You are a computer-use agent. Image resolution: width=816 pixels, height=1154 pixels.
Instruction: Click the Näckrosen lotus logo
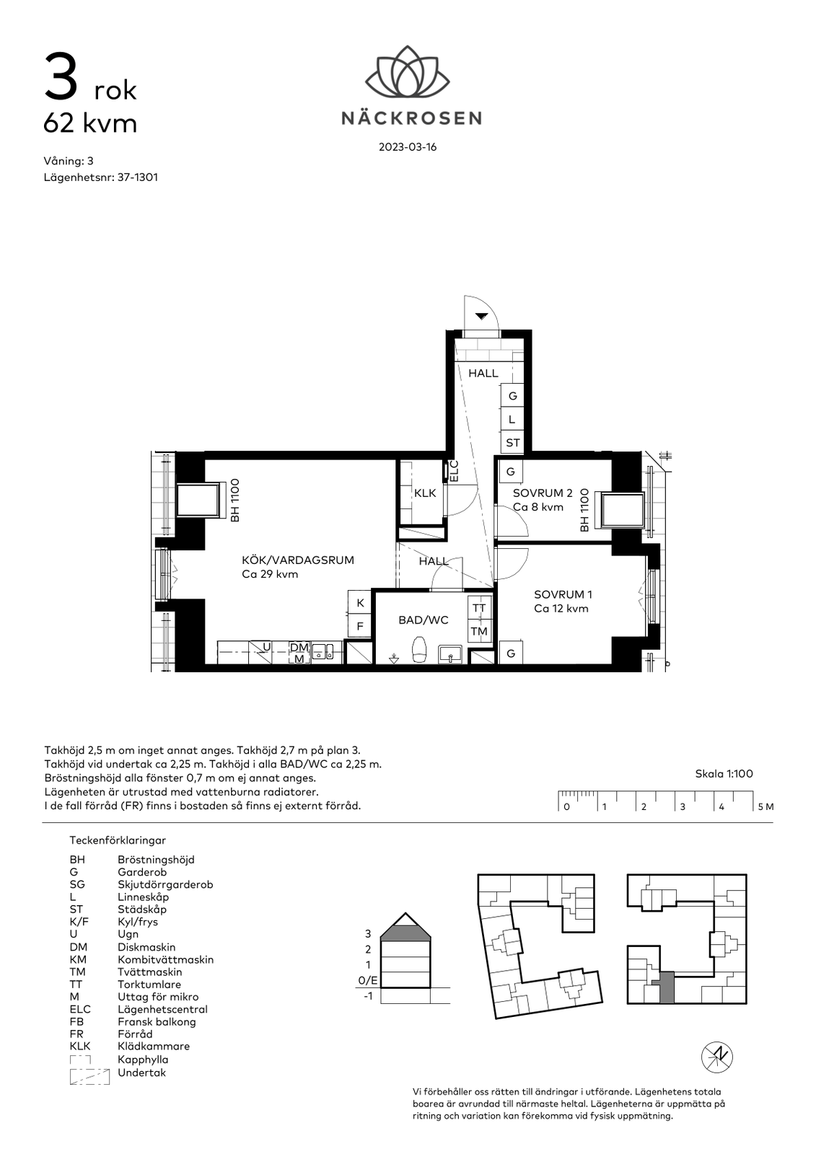[x=407, y=71]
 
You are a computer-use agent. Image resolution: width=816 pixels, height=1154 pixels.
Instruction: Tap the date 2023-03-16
[x=408, y=147]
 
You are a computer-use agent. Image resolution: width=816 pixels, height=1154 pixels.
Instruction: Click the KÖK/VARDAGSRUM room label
[x=298, y=560]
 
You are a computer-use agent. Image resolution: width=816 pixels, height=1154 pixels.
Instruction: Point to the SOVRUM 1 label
[x=563, y=594]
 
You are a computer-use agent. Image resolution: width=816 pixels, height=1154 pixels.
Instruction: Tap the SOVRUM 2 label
[x=543, y=493]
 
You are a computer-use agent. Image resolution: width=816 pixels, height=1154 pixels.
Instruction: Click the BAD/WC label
[x=424, y=620]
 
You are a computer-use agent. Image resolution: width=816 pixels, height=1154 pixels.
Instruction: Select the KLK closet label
[x=425, y=493]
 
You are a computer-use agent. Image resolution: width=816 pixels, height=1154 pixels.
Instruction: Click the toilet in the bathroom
[x=420, y=649]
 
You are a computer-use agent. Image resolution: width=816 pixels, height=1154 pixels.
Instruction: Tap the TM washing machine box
[x=479, y=631]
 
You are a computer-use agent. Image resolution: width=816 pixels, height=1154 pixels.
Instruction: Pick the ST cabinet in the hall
[x=513, y=443]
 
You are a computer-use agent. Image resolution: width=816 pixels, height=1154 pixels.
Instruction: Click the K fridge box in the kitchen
[x=360, y=602]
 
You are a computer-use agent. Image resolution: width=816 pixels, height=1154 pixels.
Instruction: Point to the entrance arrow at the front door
[x=481, y=316]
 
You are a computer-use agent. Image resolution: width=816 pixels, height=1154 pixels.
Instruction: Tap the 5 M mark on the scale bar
[x=766, y=807]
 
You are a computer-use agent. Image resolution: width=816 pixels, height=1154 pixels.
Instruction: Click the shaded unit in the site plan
[x=665, y=987]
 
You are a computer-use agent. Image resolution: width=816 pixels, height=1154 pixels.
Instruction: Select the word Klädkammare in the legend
[x=154, y=1047]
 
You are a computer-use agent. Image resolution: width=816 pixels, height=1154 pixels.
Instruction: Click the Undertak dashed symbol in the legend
[x=89, y=1077]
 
